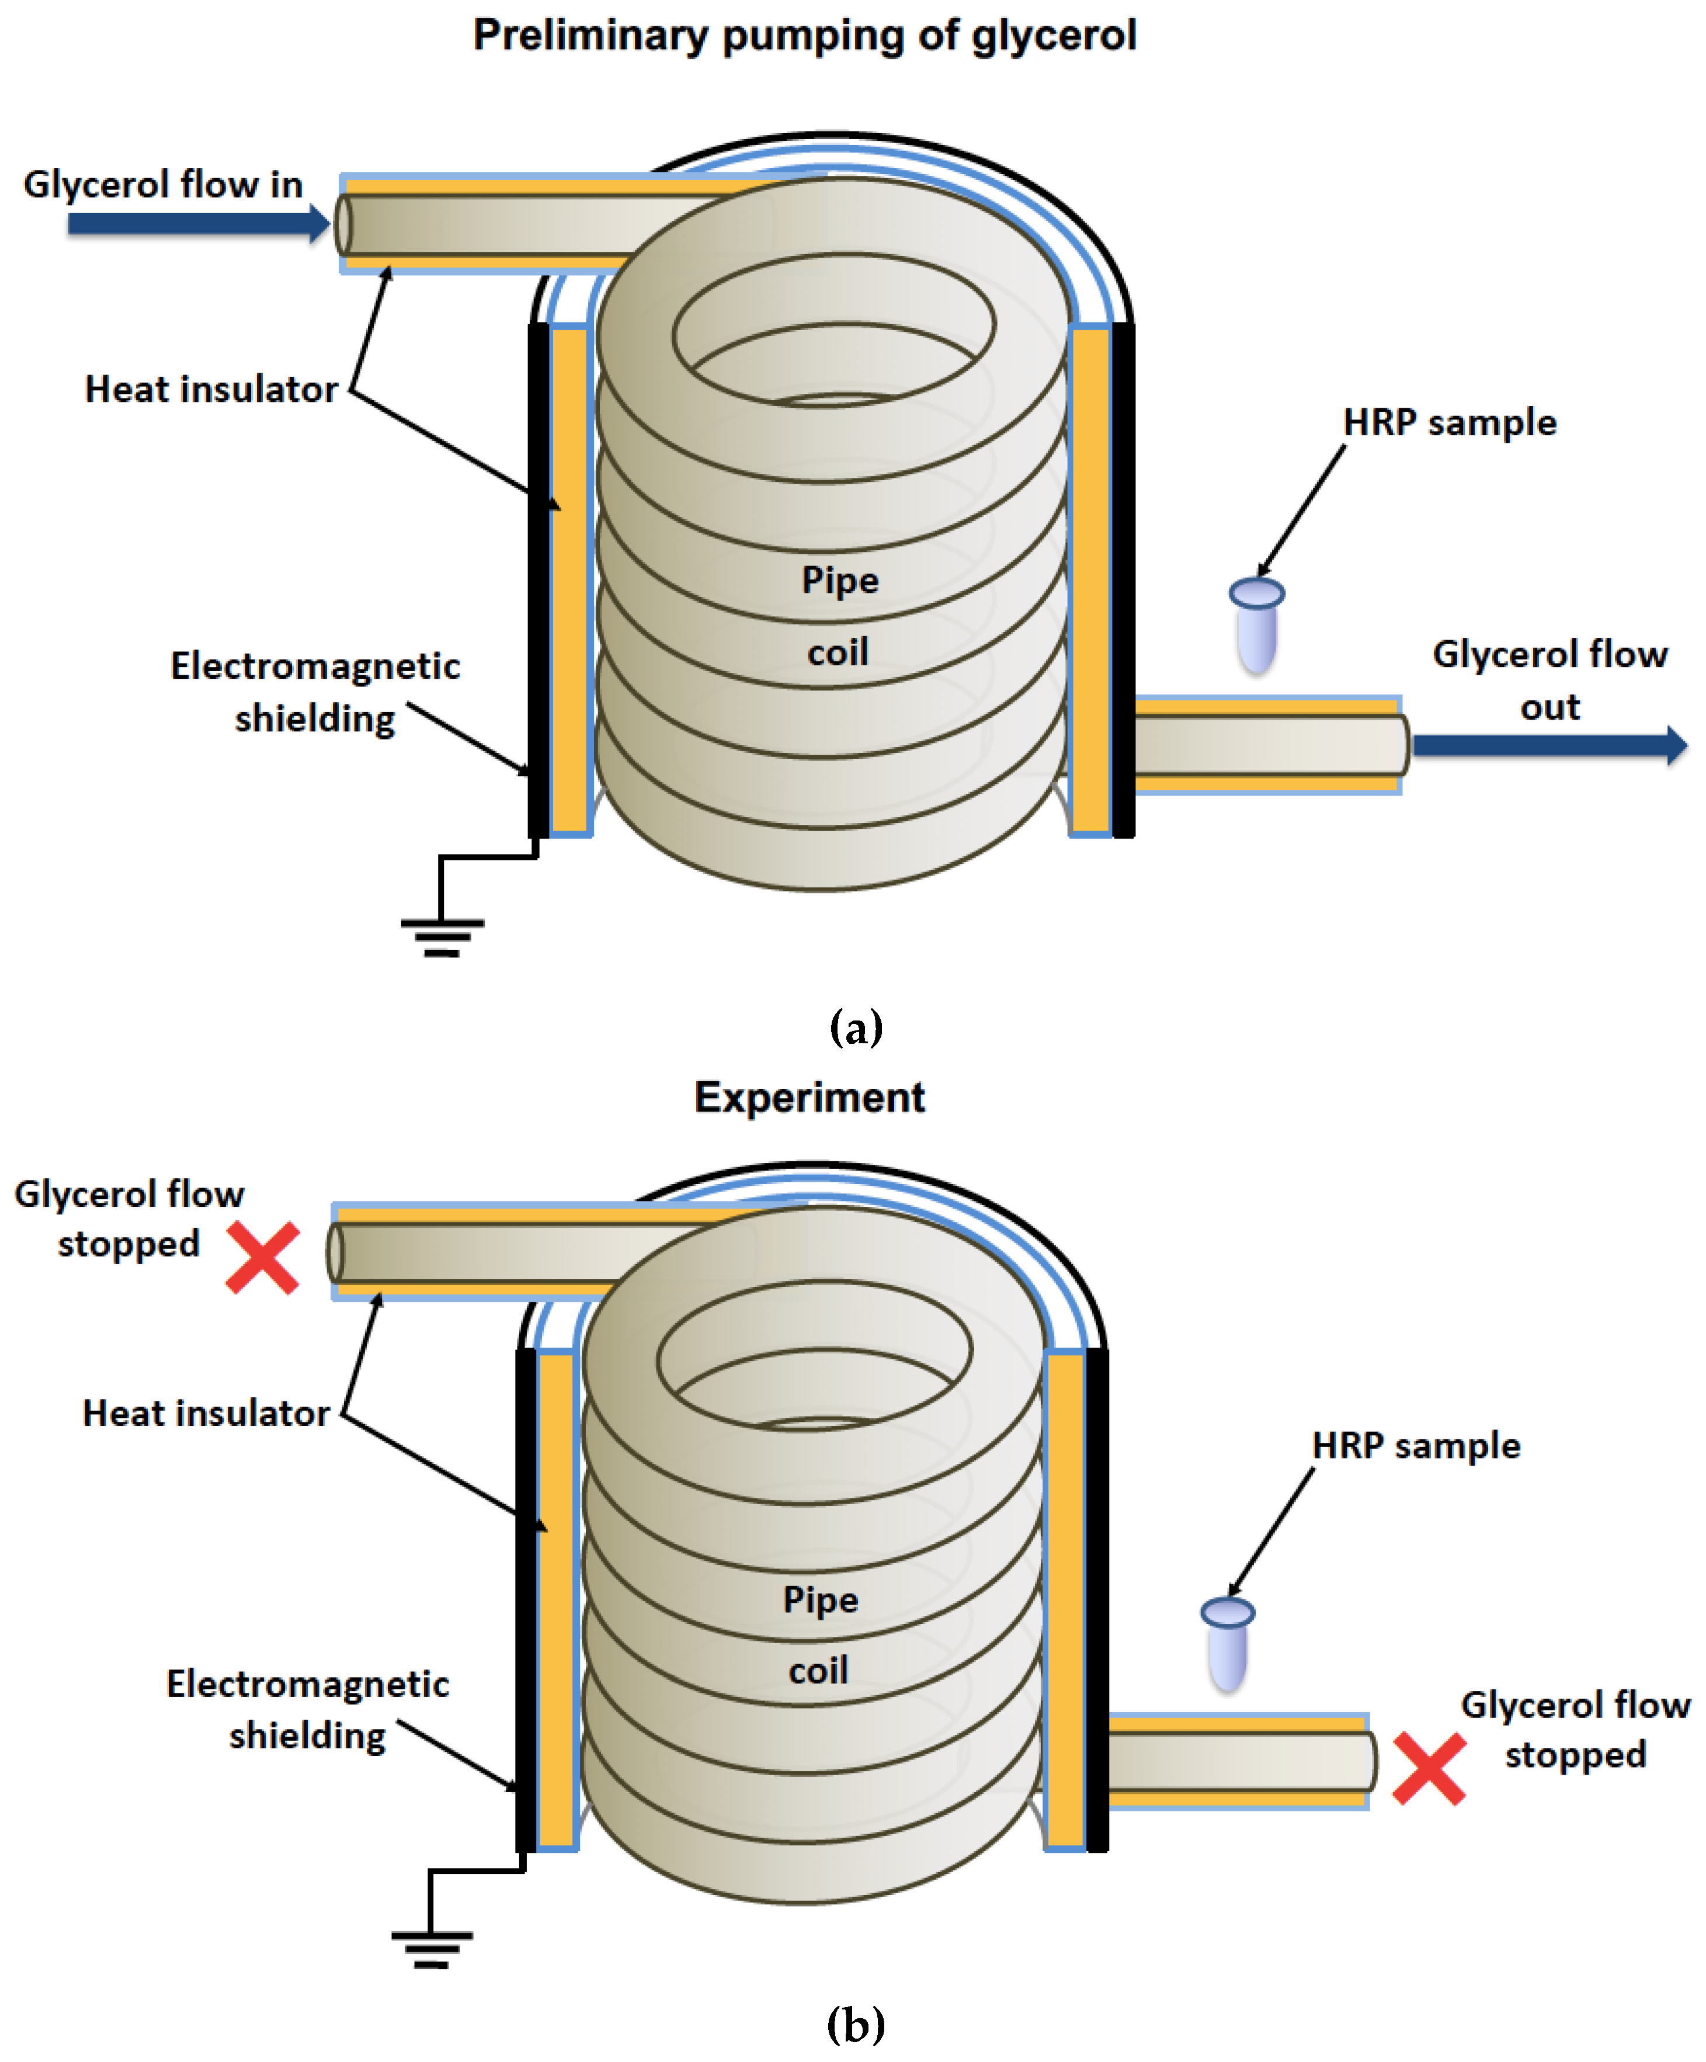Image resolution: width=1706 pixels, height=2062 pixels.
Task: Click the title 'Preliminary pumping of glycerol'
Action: (x=804, y=36)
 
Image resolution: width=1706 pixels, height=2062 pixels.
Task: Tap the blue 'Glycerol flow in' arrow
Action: (x=196, y=223)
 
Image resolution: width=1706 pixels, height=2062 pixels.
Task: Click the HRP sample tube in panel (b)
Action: (x=1227, y=1645)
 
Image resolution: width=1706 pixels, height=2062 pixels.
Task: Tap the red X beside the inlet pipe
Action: (x=262, y=1258)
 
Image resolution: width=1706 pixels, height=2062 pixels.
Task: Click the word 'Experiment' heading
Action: (x=809, y=1097)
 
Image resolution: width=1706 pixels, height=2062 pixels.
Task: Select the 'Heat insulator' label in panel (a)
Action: (x=211, y=390)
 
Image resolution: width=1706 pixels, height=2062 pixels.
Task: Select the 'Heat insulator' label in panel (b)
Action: (x=206, y=1413)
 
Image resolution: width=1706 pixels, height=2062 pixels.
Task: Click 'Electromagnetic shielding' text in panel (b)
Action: (x=307, y=1710)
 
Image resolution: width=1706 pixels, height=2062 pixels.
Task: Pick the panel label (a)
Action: (x=855, y=1028)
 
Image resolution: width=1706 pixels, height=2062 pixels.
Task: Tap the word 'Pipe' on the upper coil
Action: (x=839, y=579)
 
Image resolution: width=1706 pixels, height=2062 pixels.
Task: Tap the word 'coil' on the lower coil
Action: (x=818, y=1669)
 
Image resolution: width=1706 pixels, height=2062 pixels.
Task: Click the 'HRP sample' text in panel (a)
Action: (x=1449, y=422)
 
